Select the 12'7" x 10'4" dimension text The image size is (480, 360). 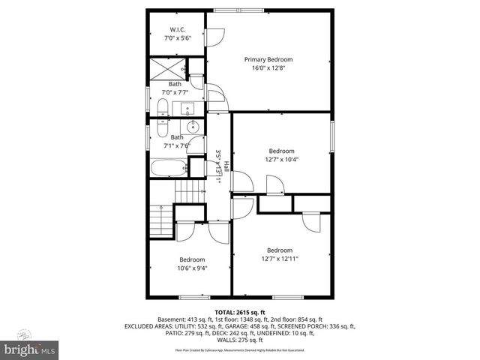282,159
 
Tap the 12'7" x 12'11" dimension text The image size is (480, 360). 280,259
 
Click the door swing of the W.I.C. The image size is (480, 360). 214,34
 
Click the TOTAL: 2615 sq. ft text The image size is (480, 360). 240,312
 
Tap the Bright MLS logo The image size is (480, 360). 30,349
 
